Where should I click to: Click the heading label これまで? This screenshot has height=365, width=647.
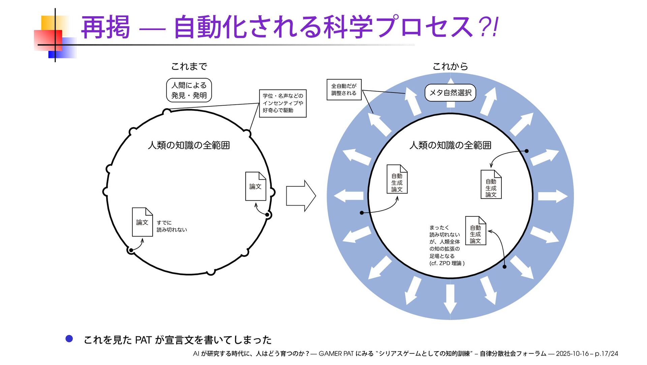[189, 67]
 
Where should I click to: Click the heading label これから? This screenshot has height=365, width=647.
[450, 67]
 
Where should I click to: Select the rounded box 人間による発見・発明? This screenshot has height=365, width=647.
[189, 90]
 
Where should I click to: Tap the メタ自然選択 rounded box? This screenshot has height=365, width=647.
[450, 93]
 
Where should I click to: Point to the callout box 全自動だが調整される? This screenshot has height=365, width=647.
[344, 89]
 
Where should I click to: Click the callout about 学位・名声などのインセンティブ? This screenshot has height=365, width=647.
[283, 103]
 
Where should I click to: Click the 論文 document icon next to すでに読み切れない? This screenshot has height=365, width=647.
[142, 222]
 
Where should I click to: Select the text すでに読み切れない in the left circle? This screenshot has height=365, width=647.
[172, 226]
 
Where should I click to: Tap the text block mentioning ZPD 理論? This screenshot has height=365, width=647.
[446, 245]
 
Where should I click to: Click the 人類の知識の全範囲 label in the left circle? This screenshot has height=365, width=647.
[189, 145]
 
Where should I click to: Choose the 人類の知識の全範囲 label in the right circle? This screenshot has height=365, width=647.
[450, 145]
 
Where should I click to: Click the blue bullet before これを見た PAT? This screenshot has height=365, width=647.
[69, 339]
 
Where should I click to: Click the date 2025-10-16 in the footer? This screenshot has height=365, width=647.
[572, 354]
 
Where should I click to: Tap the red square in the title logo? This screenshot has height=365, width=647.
[48, 40]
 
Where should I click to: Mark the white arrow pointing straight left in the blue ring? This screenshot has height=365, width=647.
[349, 196]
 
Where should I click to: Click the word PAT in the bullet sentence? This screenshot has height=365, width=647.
[143, 340]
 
